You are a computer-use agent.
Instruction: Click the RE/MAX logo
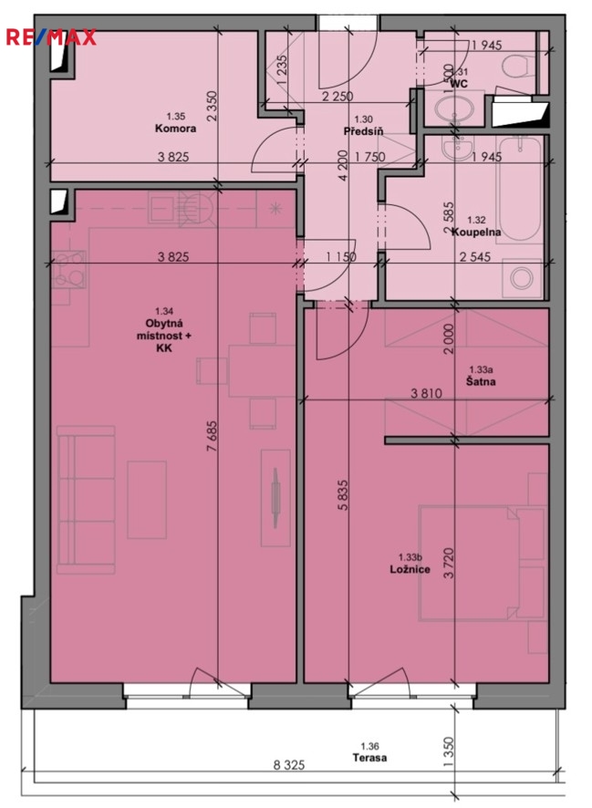click(50, 37)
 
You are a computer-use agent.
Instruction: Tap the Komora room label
click(175, 129)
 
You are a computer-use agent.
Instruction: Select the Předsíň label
click(363, 131)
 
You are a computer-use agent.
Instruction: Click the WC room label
click(459, 83)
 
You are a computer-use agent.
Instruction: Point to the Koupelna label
click(476, 232)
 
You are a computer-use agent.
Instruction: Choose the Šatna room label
click(481, 381)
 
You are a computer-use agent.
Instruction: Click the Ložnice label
click(410, 569)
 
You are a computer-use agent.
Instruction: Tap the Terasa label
click(369, 758)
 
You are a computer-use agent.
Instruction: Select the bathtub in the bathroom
click(519, 189)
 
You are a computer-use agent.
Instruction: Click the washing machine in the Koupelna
click(522, 278)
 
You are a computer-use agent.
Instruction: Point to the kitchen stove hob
click(68, 270)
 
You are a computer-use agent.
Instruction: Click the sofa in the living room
click(86, 500)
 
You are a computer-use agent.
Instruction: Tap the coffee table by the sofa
click(147, 500)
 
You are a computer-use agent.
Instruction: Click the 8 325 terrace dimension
click(288, 765)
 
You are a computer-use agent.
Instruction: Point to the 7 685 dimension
click(212, 437)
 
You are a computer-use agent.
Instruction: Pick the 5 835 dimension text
click(343, 495)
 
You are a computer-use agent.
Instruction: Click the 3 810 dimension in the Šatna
click(426, 394)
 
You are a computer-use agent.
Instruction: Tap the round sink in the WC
click(454, 109)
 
